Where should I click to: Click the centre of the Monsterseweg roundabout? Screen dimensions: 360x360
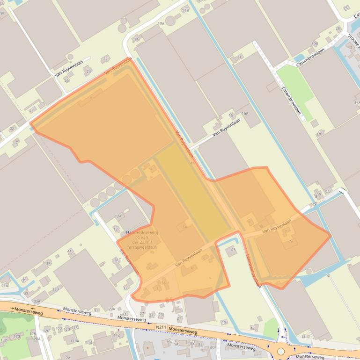click(281, 351)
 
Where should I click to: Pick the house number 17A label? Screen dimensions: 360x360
click(161, 23)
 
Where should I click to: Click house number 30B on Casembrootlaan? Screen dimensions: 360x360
click(314, 44)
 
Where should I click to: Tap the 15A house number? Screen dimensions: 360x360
click(245, 114)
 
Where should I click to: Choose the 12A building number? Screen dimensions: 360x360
click(118, 216)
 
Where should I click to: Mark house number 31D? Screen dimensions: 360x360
click(118, 260)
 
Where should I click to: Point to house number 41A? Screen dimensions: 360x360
click(5, 285)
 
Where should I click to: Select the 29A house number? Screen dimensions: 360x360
click(111, 309)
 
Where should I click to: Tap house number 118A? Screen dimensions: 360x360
click(74, 341)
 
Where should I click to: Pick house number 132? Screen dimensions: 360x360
click(4, 340)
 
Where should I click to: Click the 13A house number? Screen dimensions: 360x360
click(357, 102)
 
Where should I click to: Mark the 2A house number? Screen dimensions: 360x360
click(68, 358)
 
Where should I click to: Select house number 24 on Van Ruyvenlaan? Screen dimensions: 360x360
click(88, 72)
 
